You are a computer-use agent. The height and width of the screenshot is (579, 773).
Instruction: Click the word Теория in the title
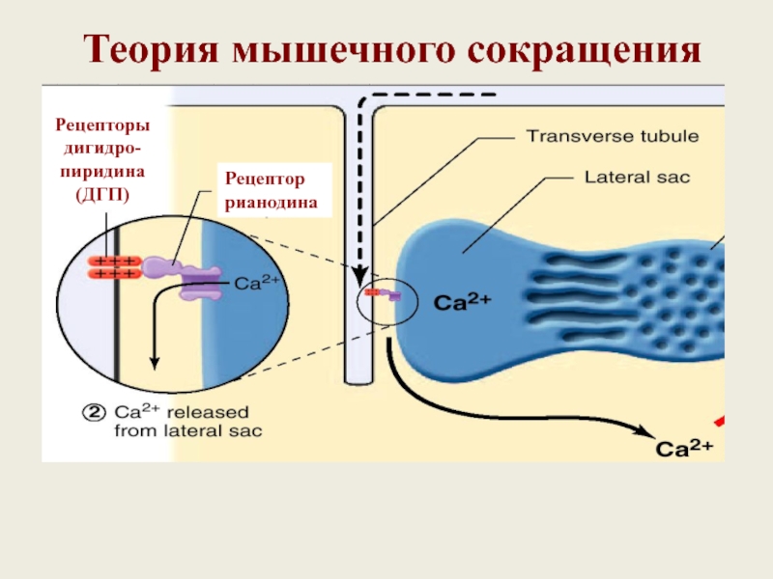click(151, 50)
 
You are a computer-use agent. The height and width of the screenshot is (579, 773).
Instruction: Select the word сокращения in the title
click(585, 50)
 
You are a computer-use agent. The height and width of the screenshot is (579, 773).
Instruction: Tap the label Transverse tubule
click(613, 136)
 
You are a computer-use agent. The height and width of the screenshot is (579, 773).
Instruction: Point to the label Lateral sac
click(637, 178)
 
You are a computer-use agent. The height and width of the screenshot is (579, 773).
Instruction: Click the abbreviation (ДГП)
click(102, 195)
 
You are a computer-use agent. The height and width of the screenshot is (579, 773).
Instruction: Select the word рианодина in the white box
click(272, 203)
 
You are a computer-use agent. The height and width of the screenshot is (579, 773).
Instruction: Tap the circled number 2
click(94, 413)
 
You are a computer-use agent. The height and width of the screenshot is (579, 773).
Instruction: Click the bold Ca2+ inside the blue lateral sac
click(462, 301)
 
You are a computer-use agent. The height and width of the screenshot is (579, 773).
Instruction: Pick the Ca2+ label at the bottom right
click(684, 447)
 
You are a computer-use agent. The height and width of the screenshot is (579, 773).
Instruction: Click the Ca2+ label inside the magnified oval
click(256, 282)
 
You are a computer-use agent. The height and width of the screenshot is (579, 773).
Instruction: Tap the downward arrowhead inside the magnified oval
click(155, 363)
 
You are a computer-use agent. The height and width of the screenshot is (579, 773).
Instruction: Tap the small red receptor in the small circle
click(372, 292)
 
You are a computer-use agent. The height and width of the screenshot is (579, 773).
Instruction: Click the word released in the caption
click(208, 413)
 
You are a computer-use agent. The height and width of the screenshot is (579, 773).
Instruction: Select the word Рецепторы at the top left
click(102, 125)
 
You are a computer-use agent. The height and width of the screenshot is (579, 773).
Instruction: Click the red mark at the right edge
click(720, 421)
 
